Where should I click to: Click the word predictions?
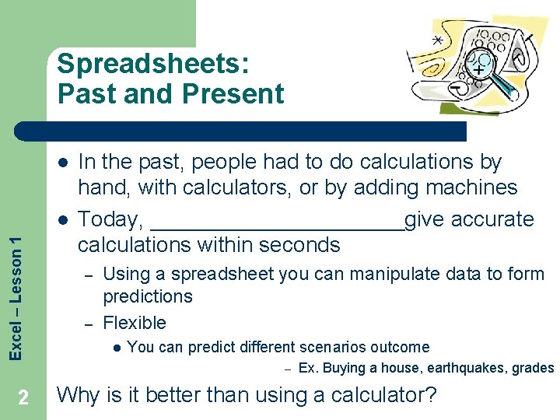[148, 296]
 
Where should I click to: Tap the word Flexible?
[135, 323]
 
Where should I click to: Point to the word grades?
[535, 368]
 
